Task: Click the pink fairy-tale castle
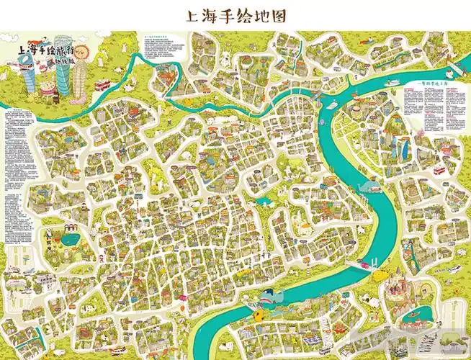397,288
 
